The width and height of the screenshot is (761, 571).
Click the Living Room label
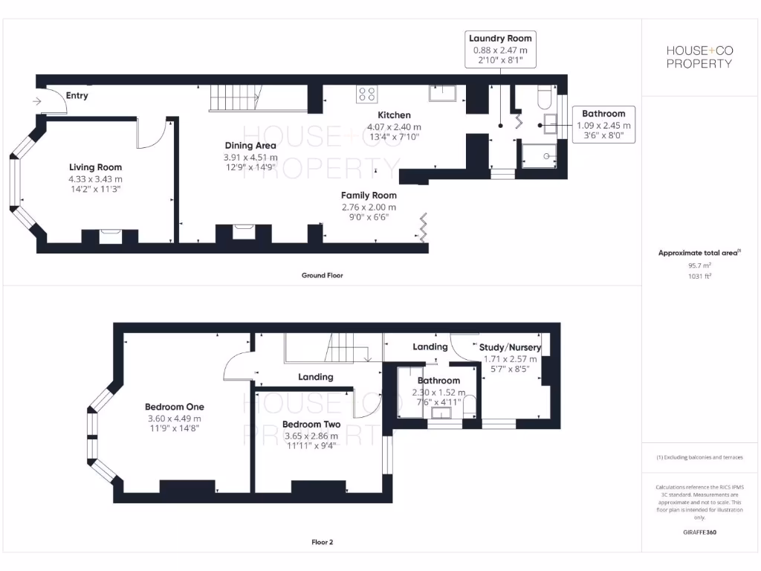click(x=95, y=167)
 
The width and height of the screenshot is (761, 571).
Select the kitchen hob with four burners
click(x=366, y=94)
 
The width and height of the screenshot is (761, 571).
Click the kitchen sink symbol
click(x=442, y=93)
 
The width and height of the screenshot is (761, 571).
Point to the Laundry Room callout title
click(x=500, y=39)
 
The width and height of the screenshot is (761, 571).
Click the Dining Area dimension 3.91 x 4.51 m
click(x=250, y=158)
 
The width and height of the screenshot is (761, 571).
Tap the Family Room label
click(x=369, y=195)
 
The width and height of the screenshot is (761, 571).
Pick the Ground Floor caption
click(x=322, y=275)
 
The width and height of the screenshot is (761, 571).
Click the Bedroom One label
click(x=174, y=407)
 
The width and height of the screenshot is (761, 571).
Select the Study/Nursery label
click(x=510, y=347)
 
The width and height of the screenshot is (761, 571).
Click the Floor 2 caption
click(x=322, y=542)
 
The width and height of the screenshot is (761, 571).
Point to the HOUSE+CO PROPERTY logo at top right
click(x=699, y=57)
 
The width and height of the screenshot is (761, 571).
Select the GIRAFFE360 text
click(x=699, y=532)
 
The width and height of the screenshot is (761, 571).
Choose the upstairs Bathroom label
click(x=438, y=381)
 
